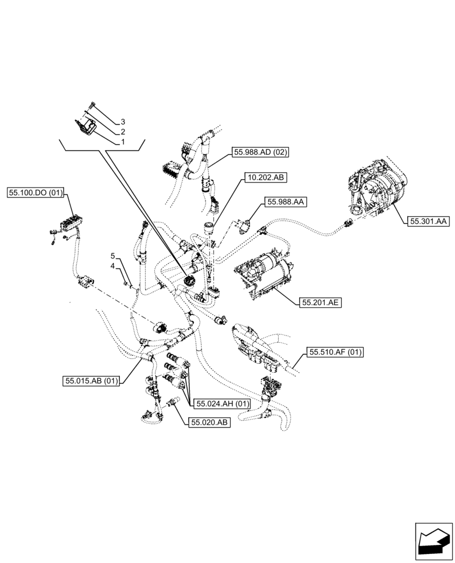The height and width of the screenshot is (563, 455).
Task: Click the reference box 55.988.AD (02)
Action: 260,152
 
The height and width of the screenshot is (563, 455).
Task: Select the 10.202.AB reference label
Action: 265,178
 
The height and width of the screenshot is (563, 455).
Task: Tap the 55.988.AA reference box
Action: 287,202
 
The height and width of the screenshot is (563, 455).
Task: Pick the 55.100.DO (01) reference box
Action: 35,193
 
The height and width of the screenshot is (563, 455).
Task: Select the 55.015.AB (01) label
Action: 91,381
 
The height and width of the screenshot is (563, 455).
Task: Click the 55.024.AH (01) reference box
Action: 221,403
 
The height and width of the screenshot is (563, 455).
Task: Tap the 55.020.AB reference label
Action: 210,423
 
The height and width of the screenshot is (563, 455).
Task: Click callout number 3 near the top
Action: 123,122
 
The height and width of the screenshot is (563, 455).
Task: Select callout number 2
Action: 123,132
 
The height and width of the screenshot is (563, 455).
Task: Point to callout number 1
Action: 123,142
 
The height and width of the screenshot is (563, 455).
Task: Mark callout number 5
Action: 113,256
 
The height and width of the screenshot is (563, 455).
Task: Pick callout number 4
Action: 113,265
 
